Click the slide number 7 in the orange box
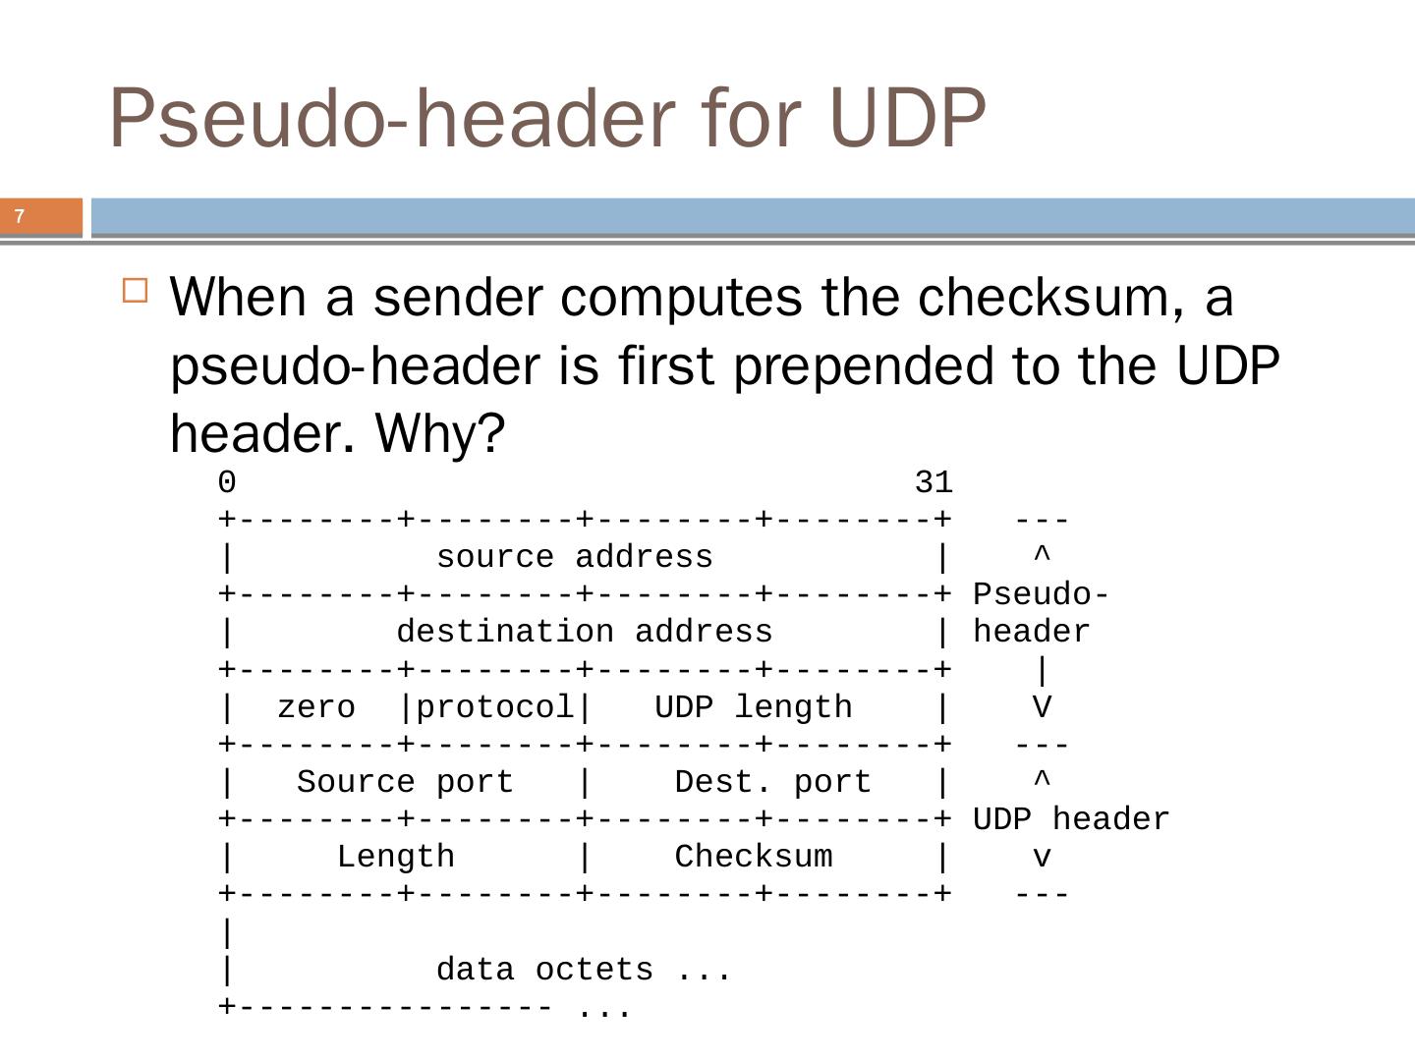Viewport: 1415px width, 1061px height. point(20,216)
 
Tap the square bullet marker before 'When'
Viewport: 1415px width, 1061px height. point(136,291)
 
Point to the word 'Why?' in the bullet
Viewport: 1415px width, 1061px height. point(439,433)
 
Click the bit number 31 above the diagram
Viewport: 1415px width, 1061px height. point(933,482)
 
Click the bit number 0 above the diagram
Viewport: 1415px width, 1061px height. point(227,482)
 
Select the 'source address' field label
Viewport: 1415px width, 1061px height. point(574,557)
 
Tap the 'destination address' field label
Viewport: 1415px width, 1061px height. point(585,632)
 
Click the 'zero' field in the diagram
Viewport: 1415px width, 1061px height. point(315,707)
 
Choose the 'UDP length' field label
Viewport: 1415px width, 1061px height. point(753,707)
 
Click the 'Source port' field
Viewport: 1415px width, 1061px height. point(405,782)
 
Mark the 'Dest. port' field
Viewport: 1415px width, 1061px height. point(772,782)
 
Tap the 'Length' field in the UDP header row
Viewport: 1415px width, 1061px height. point(395,857)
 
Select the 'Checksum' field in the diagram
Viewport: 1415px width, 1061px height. point(753,857)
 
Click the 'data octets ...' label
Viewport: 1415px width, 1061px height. point(584,970)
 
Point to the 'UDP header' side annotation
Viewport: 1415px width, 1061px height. point(1071,819)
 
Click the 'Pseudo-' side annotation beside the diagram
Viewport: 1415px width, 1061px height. point(1042,594)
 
